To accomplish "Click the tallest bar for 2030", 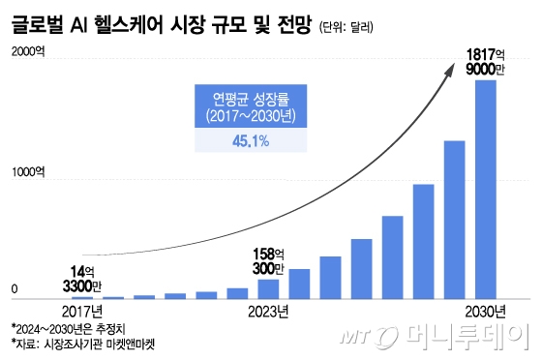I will (x=485, y=189).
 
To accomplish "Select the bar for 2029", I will (x=454, y=220).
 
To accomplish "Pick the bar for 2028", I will (x=423, y=241).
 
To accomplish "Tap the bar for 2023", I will (x=268, y=288).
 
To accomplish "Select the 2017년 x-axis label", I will (x=82, y=311).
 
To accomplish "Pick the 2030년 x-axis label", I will (x=484, y=311).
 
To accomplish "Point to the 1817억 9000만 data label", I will (x=485, y=61).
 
